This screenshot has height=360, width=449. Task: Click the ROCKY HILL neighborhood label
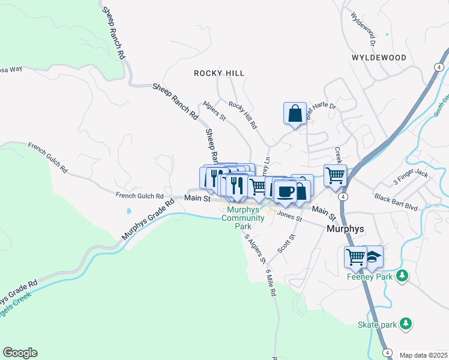[218, 73]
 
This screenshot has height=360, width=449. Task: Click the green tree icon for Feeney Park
[402, 276]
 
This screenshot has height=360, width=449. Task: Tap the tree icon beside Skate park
[406, 324]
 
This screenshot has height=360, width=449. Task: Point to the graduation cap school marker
[373, 257]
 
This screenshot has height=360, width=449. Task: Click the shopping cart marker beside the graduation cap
[355, 257]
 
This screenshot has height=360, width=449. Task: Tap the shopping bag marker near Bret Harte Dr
[295, 113]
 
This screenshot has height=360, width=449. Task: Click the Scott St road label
[287, 243]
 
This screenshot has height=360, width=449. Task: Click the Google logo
[20, 353]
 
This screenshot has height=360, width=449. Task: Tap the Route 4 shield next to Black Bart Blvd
[342, 197]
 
